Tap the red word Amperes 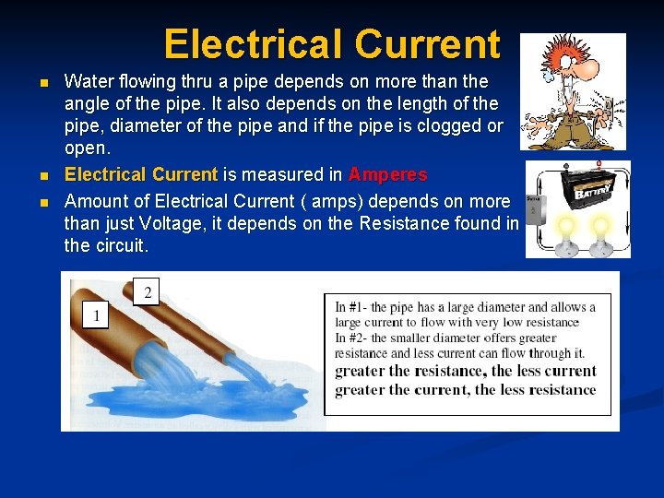coord(388,174)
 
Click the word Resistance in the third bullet coord(403,222)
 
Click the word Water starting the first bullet coord(87,82)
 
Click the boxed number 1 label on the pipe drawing coord(95,315)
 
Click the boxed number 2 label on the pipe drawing coord(147,292)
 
